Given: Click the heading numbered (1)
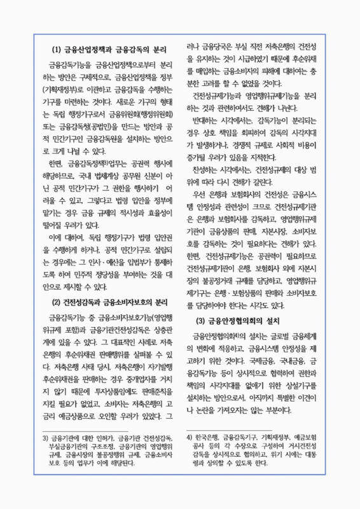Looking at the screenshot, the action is coord(109,50).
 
